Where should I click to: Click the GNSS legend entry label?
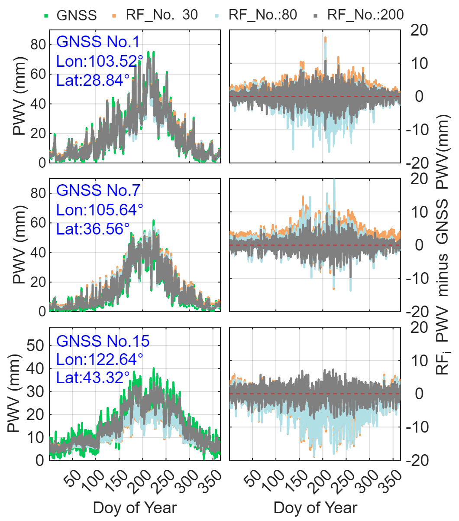click(77, 15)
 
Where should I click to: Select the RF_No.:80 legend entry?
click(263, 15)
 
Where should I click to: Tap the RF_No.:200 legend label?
click(365, 15)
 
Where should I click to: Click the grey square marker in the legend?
click(316, 16)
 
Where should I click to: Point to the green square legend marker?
click(46, 16)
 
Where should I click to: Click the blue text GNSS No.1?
click(98, 42)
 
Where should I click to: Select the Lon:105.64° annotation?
click(100, 210)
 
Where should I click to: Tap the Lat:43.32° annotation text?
click(93, 378)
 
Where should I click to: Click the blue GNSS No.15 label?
click(103, 341)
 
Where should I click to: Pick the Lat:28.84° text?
click(93, 80)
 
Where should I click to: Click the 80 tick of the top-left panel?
click(38, 45)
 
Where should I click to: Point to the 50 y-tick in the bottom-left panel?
click(35, 345)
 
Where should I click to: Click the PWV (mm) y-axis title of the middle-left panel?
click(19, 244)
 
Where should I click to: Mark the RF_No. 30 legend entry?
click(162, 15)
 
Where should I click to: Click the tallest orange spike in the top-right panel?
click(325, 39)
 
